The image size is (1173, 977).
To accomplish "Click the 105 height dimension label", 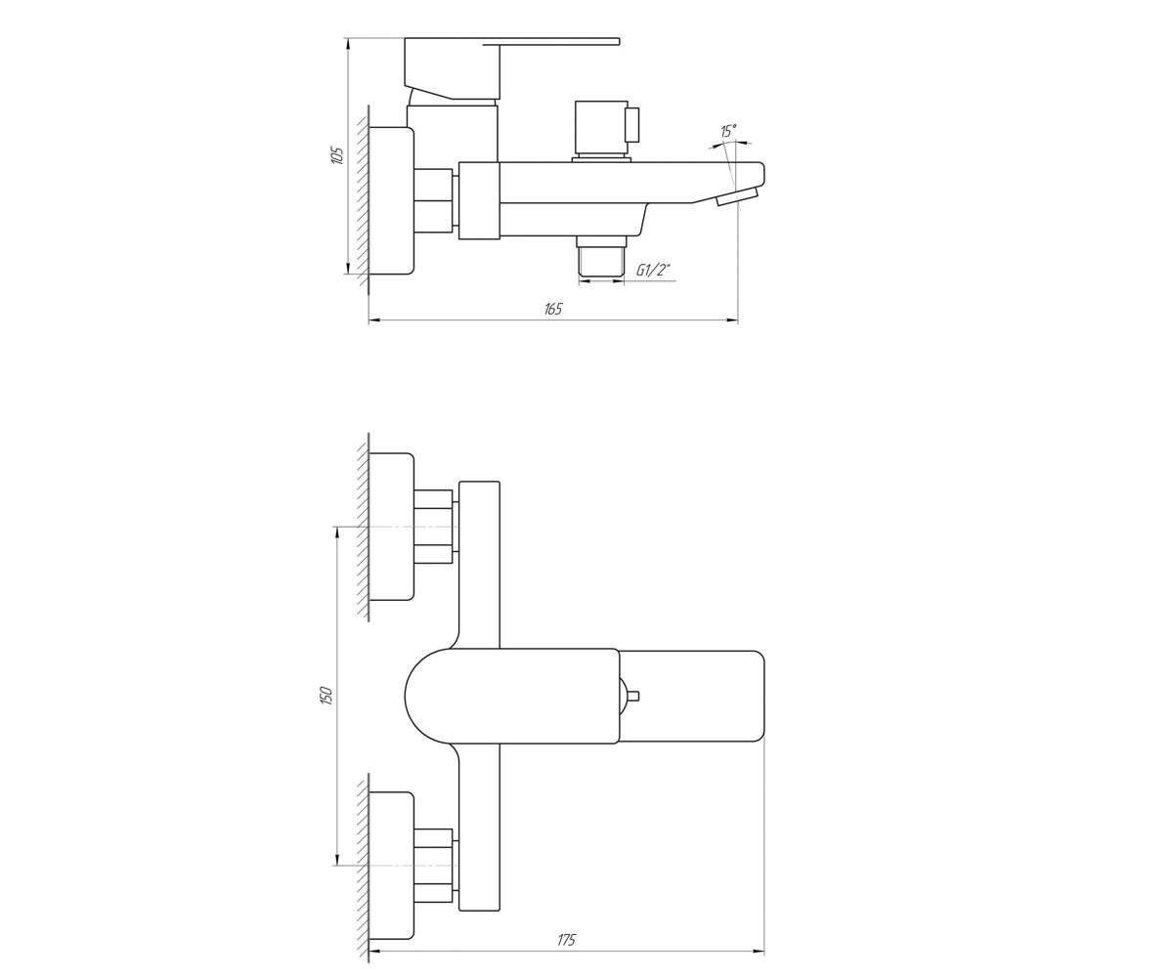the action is (x=337, y=154).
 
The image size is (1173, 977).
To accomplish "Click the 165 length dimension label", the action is (x=553, y=309).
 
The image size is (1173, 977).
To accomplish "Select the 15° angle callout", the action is (x=728, y=131).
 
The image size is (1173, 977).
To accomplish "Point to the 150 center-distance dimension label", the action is (x=327, y=695).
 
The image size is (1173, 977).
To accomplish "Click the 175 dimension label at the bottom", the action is (x=566, y=940).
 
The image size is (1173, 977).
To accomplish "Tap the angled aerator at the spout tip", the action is (x=737, y=197).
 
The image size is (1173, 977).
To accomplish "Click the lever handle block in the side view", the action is (x=453, y=68).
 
